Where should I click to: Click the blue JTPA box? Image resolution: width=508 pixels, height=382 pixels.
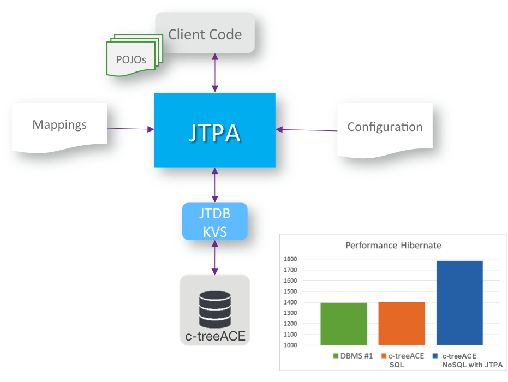point(214,130)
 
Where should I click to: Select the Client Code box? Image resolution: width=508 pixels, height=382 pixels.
point(205,34)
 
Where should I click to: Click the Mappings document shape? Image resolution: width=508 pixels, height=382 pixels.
point(59,125)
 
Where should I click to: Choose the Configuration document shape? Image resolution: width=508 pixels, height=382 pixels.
point(385,127)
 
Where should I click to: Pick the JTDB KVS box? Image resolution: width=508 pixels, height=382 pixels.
point(214,221)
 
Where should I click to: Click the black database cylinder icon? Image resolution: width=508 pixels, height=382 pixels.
point(214,307)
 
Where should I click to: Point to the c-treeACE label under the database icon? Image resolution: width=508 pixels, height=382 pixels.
point(215,336)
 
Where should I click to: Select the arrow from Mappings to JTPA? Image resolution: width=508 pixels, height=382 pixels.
point(130,129)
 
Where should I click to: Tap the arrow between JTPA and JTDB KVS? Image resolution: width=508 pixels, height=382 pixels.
point(215,185)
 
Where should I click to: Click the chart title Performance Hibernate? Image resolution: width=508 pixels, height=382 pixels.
point(393,246)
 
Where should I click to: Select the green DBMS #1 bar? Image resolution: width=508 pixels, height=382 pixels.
point(343,324)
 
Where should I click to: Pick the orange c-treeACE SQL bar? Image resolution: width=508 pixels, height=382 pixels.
point(401,324)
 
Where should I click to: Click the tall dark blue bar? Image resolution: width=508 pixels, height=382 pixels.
point(459,303)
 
